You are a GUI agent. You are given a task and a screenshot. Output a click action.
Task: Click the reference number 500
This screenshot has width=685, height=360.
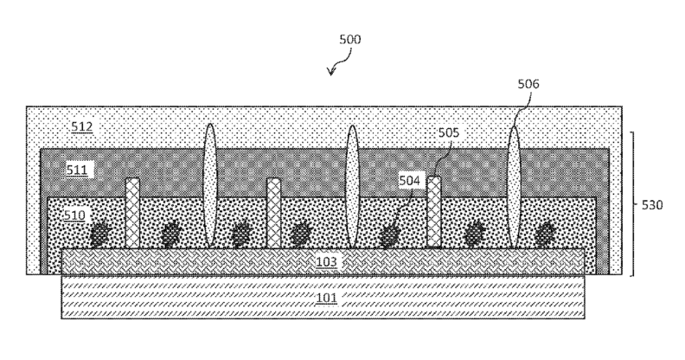click(x=350, y=40)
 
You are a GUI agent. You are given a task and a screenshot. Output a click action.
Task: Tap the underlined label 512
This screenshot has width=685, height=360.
click(x=82, y=127)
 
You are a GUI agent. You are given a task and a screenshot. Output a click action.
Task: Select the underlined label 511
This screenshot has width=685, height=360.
click(x=78, y=170)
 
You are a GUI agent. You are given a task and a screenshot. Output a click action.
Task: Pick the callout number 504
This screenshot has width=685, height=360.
click(x=410, y=180)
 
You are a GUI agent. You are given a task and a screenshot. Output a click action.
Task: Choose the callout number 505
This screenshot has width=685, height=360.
click(x=448, y=133)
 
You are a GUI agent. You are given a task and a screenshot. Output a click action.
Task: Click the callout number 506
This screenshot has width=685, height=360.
click(x=528, y=84)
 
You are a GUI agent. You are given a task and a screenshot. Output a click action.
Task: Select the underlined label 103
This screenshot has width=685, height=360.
click(x=326, y=261)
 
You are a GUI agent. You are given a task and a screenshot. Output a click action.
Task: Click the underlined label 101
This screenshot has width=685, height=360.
click(x=326, y=298)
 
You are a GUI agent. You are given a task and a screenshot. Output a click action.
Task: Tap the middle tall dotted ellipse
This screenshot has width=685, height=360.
click(x=352, y=186)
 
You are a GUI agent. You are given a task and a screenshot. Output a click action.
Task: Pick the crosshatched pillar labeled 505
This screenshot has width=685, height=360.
click(x=434, y=212)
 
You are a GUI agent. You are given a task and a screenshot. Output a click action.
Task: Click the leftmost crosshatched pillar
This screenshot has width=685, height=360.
click(x=132, y=213)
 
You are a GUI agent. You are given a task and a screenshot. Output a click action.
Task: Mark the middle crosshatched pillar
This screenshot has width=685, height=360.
click(x=274, y=213)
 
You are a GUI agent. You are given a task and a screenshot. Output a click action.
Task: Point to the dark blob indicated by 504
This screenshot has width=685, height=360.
click(x=390, y=234)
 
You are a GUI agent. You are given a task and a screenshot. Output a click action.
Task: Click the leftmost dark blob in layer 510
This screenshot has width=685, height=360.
click(x=101, y=233)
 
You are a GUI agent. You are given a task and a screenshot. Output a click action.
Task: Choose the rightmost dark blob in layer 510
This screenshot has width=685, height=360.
click(x=545, y=233)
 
